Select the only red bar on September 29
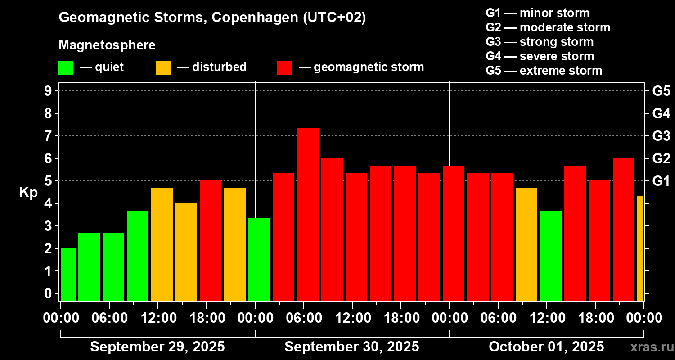coord(211,240)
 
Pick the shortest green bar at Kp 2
coord(68,274)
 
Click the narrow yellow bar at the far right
coord(640,248)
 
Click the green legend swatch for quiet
coord(66,68)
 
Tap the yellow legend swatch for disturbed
coord(163,68)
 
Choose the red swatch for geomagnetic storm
coord(284,68)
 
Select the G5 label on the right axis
coord(661,91)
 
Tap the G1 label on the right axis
coord(661,181)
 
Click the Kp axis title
coord(28,193)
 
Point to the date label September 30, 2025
coord(352,347)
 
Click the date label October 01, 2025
coord(546,347)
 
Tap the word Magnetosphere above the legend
coord(107,45)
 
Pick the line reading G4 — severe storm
coord(540,56)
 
